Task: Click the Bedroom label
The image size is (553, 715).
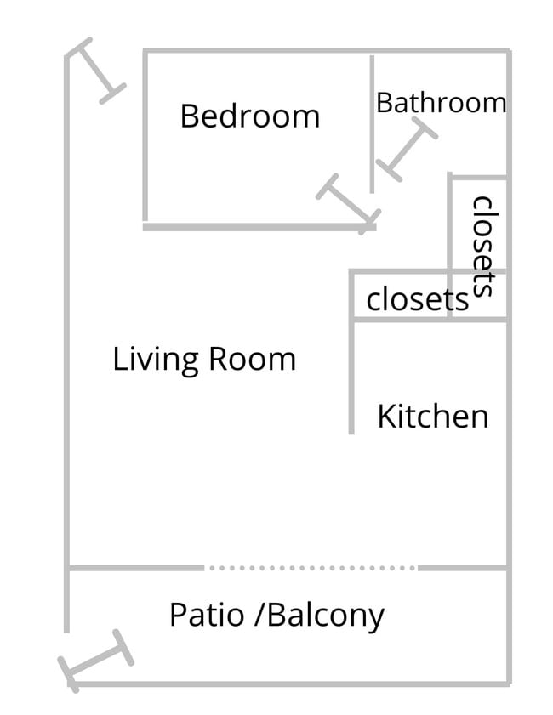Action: coord(249,116)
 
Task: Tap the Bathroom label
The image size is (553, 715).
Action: coord(441,103)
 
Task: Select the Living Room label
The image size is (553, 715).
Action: coord(204,359)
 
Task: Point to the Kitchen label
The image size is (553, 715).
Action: coord(432,417)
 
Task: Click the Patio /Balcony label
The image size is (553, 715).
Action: coord(276,614)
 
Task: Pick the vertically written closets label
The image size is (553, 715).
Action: coord(482,246)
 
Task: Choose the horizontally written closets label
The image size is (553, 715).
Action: coord(417,299)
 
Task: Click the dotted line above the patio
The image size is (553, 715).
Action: coord(311,567)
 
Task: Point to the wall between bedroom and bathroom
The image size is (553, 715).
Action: coord(372,123)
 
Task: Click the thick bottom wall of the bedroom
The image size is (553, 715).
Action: coord(255,227)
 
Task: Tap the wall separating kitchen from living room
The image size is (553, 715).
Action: coord(351,374)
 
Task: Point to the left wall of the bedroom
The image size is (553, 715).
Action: coord(145,136)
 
